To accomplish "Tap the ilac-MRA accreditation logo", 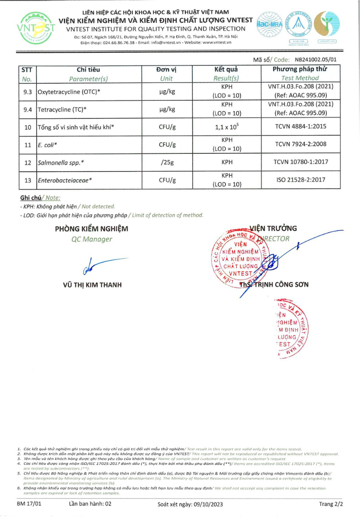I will [272, 25].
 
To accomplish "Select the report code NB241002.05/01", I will [316, 59].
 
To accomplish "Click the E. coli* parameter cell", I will [47, 144].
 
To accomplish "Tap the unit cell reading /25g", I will [167, 162].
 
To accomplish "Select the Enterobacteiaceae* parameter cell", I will [65, 180].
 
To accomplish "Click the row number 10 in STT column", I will [27, 127].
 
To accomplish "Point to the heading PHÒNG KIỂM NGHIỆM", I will [92, 229].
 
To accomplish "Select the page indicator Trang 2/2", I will [331, 504].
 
